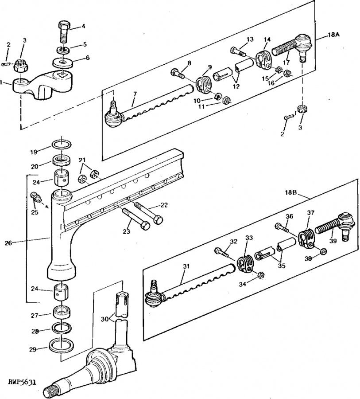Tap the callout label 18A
333,35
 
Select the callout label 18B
291,193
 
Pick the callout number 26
8,243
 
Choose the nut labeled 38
323,251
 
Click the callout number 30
105,319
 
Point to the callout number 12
236,86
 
